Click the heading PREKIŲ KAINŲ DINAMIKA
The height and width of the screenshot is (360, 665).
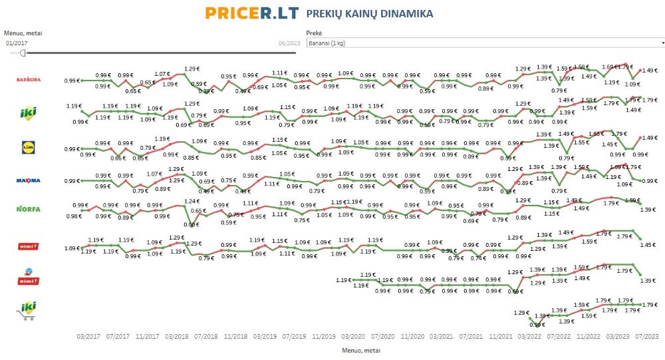point(370,13)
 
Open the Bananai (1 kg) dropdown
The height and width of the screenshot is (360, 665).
point(485,43)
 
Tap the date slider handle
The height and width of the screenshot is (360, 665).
point(23,52)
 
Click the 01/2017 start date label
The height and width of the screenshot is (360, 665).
point(17,43)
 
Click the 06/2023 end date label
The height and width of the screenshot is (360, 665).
point(289,43)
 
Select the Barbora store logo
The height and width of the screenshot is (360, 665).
point(29,79)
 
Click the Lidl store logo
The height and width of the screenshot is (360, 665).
point(29,147)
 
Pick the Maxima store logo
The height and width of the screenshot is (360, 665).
point(29,180)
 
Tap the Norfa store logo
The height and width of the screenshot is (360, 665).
point(29,208)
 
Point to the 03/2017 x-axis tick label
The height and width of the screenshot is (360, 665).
point(88,336)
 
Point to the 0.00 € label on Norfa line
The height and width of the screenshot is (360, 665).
point(192,224)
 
